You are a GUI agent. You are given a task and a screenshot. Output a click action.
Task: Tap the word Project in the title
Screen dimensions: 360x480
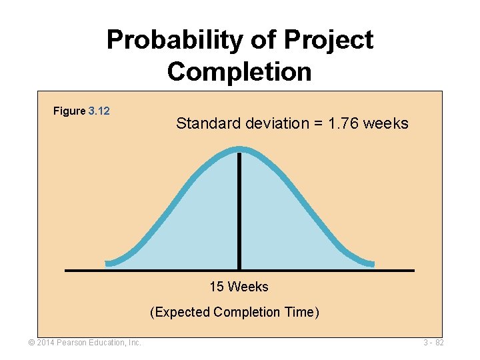coord(328,41)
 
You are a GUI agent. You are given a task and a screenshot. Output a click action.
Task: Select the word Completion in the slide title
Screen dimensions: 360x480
coord(239,71)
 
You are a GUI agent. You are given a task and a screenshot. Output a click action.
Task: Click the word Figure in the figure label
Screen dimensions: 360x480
coord(69,111)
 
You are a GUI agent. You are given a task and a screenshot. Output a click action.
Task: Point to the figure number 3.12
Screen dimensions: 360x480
coord(99,111)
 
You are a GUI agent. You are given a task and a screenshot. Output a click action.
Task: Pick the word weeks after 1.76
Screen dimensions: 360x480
coord(387,123)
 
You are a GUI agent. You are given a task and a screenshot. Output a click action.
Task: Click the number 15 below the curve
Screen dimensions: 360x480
coord(216,287)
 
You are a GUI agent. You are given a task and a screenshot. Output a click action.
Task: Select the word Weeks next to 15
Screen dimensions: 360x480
coord(248,287)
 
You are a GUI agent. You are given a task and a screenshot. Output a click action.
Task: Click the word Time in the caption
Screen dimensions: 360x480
coord(301,312)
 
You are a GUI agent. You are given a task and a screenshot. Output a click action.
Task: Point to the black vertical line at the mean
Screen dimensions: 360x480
coord(239,213)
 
